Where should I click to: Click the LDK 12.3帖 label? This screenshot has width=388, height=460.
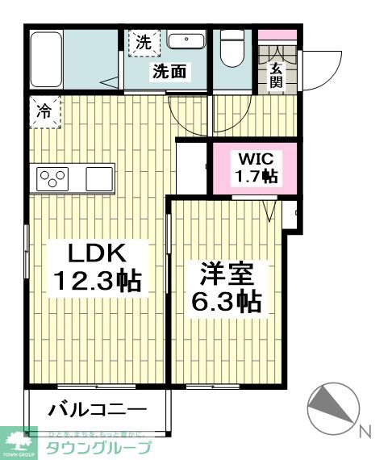[98, 267]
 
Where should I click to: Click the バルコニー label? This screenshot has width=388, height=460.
[97, 410]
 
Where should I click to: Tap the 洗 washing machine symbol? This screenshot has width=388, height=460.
[143, 44]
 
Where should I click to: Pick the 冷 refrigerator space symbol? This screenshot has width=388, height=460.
[44, 111]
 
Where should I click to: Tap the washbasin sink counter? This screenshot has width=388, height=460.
[187, 40]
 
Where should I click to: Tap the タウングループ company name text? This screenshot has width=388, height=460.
[97, 449]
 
